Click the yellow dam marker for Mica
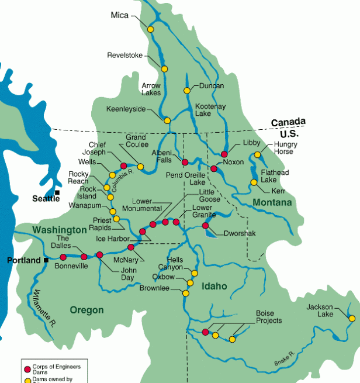point(150,29)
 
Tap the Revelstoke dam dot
point(164,69)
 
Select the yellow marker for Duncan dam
point(187,91)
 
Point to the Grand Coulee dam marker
point(140,167)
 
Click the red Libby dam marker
point(224,154)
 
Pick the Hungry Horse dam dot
point(257,155)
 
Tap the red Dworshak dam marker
point(205,226)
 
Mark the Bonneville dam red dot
point(63,257)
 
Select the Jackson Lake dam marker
point(351,319)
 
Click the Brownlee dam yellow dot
point(186,293)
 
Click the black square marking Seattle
point(57,192)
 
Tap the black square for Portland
point(46,260)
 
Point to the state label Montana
point(272,202)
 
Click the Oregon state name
point(86,310)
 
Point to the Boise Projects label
point(269,317)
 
